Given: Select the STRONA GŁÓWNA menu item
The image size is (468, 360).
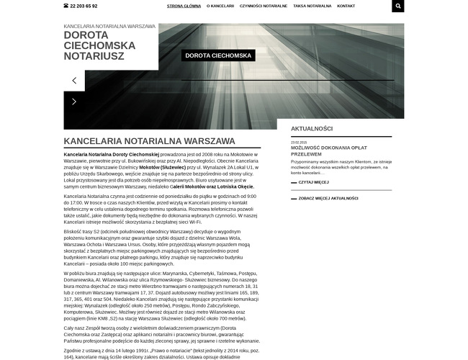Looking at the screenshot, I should (x=184, y=6).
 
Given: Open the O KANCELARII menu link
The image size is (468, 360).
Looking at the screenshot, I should (x=220, y=6).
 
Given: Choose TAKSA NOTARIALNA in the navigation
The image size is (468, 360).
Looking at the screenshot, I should (x=312, y=6).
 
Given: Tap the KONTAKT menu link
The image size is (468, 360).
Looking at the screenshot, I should (x=346, y=6).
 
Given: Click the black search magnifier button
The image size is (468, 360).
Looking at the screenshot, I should (x=398, y=6).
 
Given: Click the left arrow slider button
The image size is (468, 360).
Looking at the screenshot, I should (x=74, y=81).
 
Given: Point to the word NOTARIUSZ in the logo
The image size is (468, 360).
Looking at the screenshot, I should (x=94, y=55).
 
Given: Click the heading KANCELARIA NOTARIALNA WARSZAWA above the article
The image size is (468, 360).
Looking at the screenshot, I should (x=149, y=141).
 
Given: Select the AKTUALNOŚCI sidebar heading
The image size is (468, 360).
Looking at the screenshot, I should (x=312, y=128).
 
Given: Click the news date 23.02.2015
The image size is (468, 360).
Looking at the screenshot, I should (x=299, y=143).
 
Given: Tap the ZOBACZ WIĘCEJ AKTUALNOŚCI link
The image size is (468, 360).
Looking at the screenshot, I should (x=328, y=197).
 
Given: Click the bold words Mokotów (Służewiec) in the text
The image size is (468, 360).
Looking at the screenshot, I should (x=163, y=166).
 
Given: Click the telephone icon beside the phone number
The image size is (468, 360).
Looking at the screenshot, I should (x=66, y=6).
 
